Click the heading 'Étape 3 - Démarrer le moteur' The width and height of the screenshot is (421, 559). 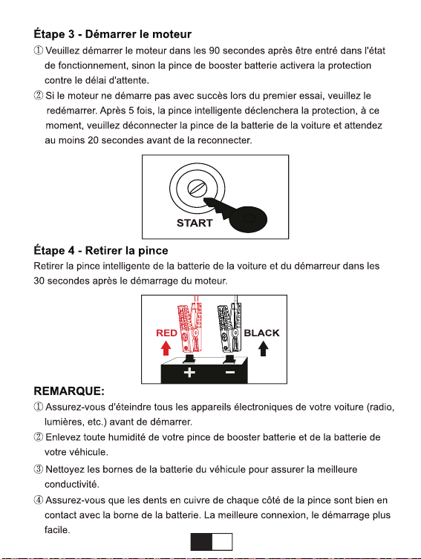tap(112, 34)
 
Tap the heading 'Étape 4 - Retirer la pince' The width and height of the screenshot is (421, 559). tap(101, 251)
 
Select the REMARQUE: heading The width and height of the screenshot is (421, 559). tap(69, 391)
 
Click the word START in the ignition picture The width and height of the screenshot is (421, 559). tap(195, 223)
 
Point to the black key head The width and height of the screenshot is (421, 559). tap(248, 218)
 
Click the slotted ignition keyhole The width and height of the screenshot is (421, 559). tap(197, 188)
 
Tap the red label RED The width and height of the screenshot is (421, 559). tap(166, 333)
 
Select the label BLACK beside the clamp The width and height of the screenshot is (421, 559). tap(261, 333)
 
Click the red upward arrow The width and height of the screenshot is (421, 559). tap(166, 348)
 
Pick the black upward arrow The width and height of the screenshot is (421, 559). tap(263, 348)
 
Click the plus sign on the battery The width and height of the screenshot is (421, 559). tap(189, 373)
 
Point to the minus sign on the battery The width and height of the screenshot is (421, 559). tap(230, 373)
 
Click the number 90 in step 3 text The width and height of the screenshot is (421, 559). tap(215, 50)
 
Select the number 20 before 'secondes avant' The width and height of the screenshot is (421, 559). tap(93, 140)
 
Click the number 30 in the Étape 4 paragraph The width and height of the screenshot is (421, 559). tap(39, 281)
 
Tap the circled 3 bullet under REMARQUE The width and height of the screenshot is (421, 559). tap(39, 469)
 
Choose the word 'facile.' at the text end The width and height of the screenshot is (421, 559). tap(57, 530)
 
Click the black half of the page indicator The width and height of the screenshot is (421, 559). tap(201, 542)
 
